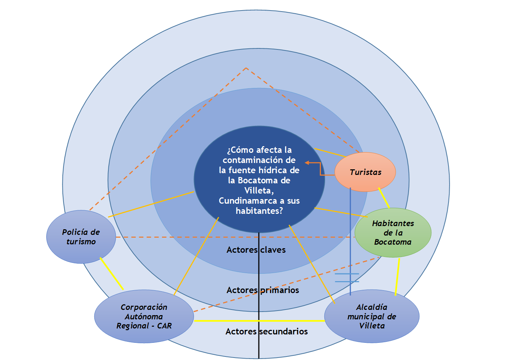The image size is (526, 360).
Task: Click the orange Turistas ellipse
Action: (365, 172)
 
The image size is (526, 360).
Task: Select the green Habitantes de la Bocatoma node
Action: (393, 232)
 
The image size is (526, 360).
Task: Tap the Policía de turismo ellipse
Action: (81, 237)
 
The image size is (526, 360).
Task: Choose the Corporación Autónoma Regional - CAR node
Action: (144, 316)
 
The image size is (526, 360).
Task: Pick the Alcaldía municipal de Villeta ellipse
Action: (372, 316)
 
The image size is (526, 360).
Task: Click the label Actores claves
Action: (256, 250)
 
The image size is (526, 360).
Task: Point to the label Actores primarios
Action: (263, 290)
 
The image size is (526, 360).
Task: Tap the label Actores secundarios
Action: (267, 332)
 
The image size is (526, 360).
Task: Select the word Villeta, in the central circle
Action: (259, 191)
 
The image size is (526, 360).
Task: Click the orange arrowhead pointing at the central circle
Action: (307, 163)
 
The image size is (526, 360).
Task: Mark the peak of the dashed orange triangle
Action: (246, 68)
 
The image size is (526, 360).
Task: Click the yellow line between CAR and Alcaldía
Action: (259, 321)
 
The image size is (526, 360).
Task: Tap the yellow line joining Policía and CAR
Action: (112, 274)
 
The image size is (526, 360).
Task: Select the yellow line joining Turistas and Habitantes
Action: (384, 198)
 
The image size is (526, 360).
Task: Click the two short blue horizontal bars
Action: (347, 278)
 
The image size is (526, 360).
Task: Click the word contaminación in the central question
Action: (259, 160)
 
